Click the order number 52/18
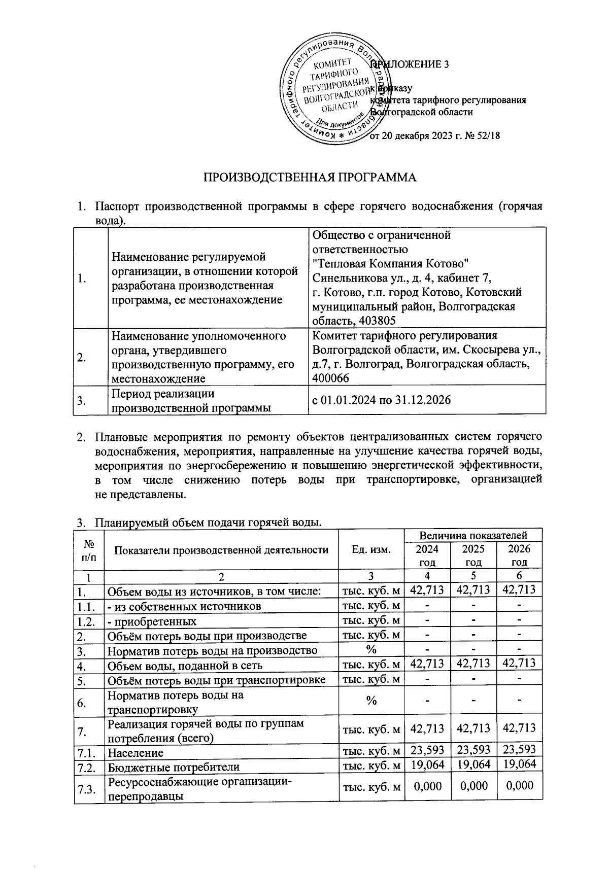(x=489, y=135)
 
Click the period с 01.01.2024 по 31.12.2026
(x=381, y=400)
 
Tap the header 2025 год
(x=473, y=555)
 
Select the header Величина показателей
(x=473, y=535)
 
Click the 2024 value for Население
(x=427, y=750)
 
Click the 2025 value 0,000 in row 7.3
(x=473, y=785)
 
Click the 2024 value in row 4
(x=427, y=663)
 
